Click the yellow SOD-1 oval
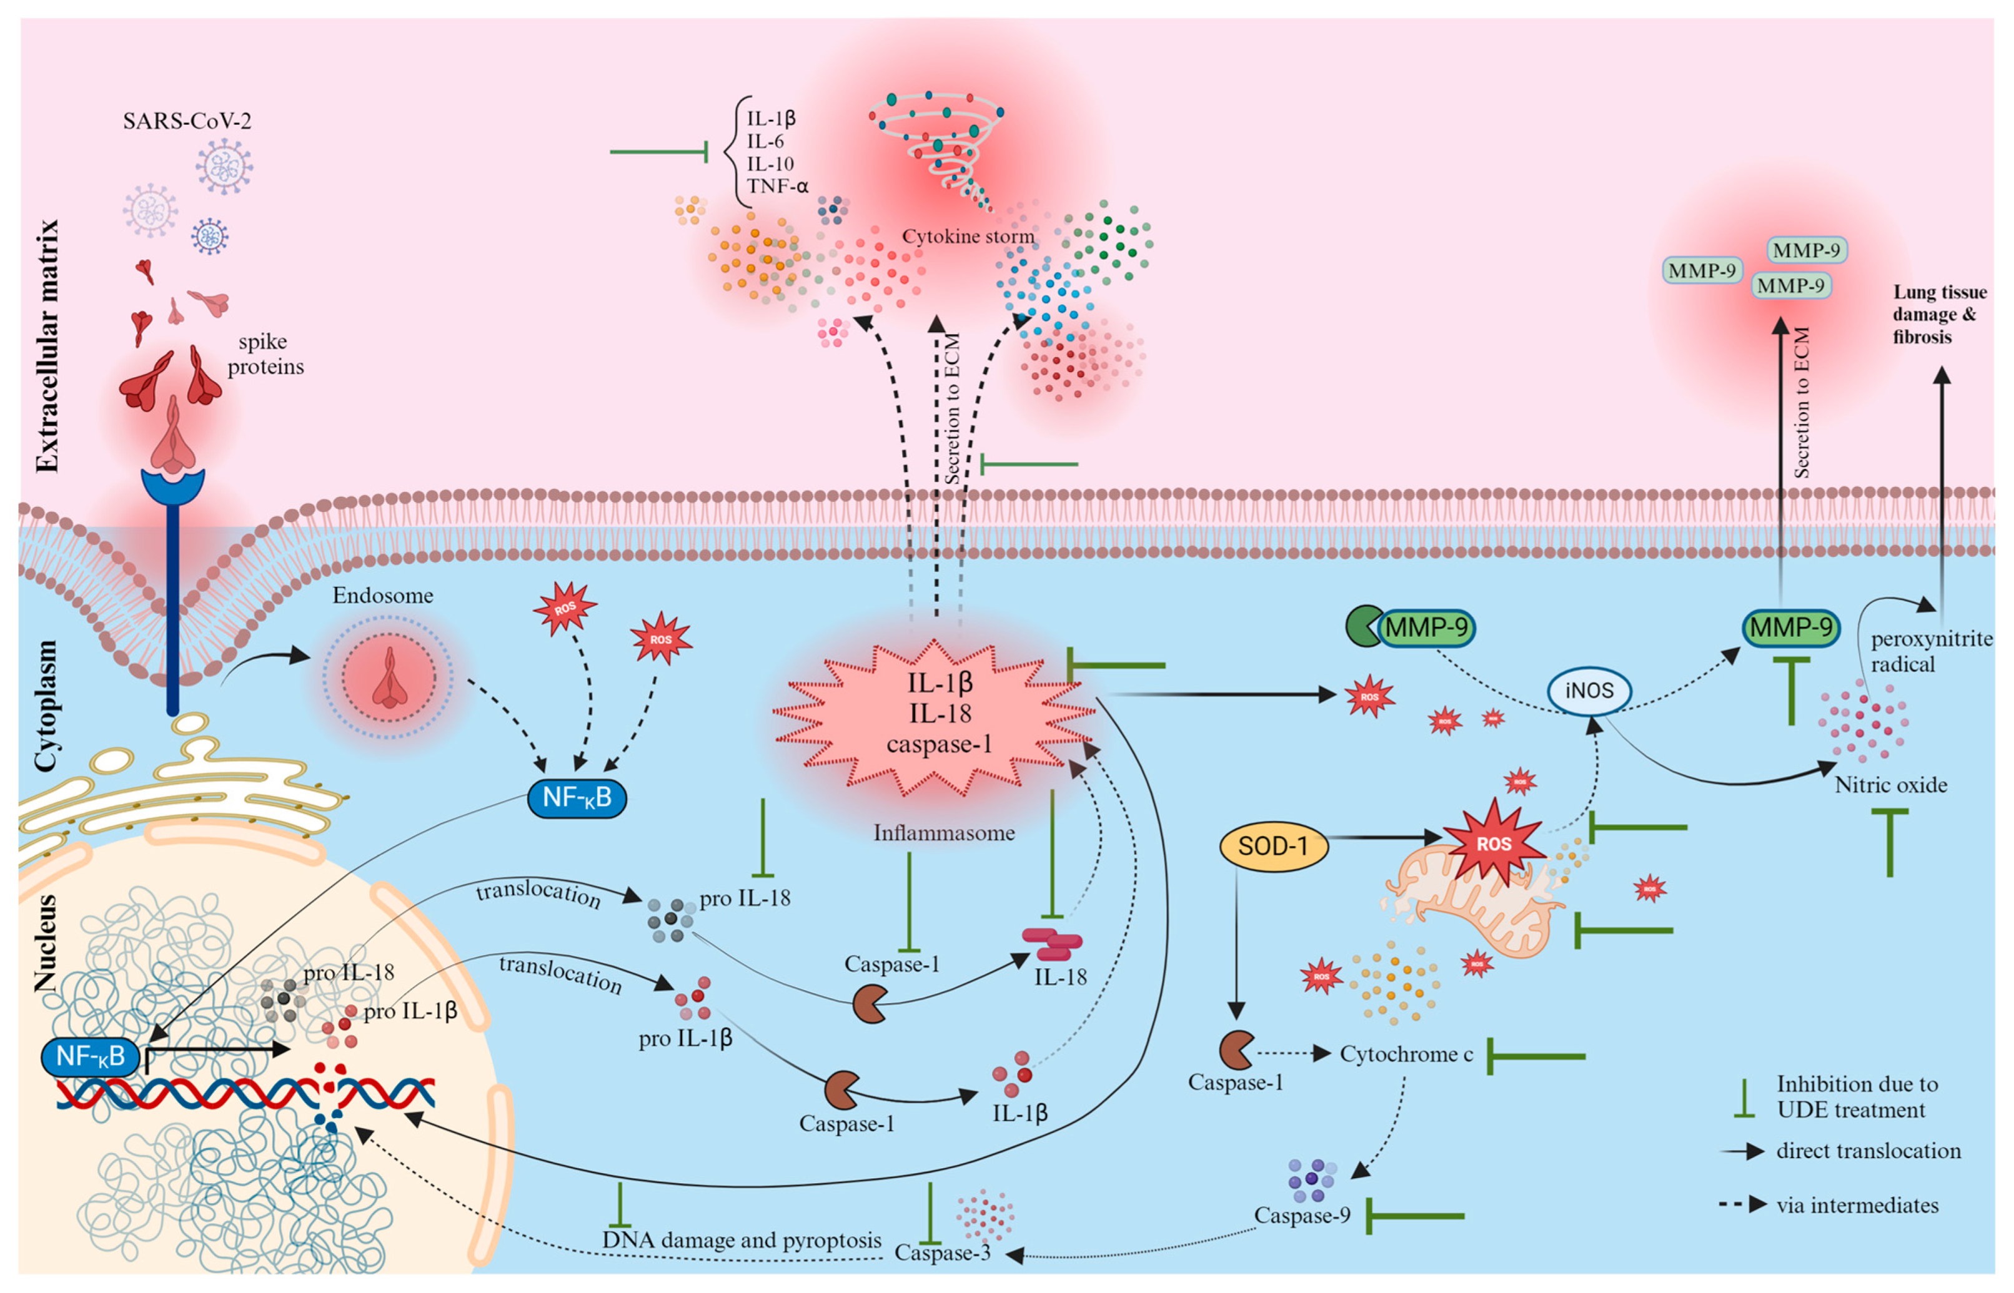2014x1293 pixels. [1272, 845]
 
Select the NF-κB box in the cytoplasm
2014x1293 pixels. [576, 797]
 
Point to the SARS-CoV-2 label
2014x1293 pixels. [186, 121]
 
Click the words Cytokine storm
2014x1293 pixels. [968, 237]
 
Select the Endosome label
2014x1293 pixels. [382, 595]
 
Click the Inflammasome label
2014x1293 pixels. [943, 833]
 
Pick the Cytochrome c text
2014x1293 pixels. [1406, 1055]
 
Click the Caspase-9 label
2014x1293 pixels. [1302, 1215]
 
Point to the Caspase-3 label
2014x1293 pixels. [941, 1252]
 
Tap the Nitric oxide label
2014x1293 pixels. [1890, 785]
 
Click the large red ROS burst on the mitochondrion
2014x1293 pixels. [1493, 843]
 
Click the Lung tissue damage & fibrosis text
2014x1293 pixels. [1938, 315]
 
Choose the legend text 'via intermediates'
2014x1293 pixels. [1857, 1206]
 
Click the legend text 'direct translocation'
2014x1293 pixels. [1868, 1151]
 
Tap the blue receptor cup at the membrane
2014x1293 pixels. [172, 487]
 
